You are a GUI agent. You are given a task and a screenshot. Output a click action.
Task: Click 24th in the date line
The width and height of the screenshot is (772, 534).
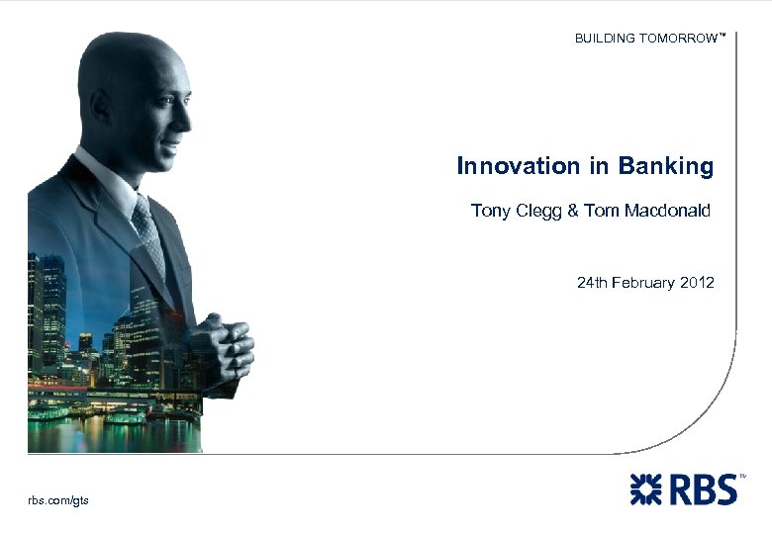[x=592, y=283]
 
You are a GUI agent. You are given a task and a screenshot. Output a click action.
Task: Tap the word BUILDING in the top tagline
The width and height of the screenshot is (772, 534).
[x=606, y=39]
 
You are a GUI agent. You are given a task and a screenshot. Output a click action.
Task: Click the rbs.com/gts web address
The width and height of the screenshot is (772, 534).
[x=58, y=500]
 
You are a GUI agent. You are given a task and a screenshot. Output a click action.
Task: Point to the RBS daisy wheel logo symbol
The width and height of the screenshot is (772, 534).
[x=648, y=489]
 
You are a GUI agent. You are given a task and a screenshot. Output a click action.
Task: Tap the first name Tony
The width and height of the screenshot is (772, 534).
[x=489, y=211]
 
